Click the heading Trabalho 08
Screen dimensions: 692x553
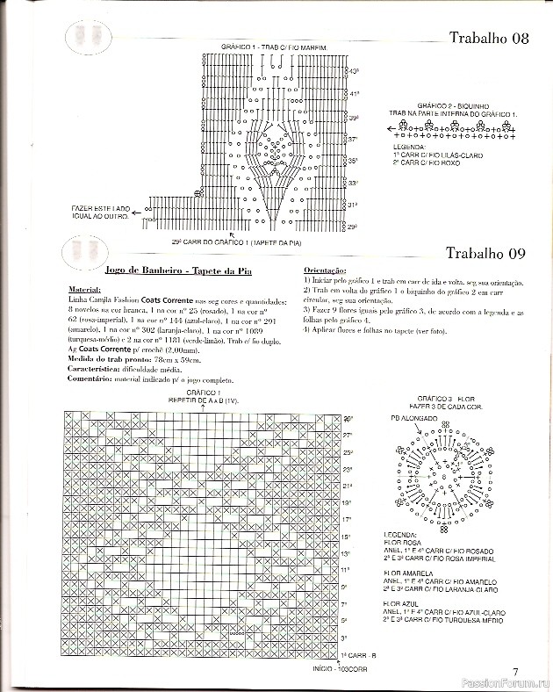coord(488,38)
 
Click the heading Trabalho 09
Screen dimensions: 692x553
coord(485,254)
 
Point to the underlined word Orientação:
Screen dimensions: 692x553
coord(325,270)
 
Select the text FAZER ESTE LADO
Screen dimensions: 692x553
coord(101,208)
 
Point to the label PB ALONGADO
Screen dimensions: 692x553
coord(414,419)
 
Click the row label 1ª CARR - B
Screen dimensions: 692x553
coord(358,655)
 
